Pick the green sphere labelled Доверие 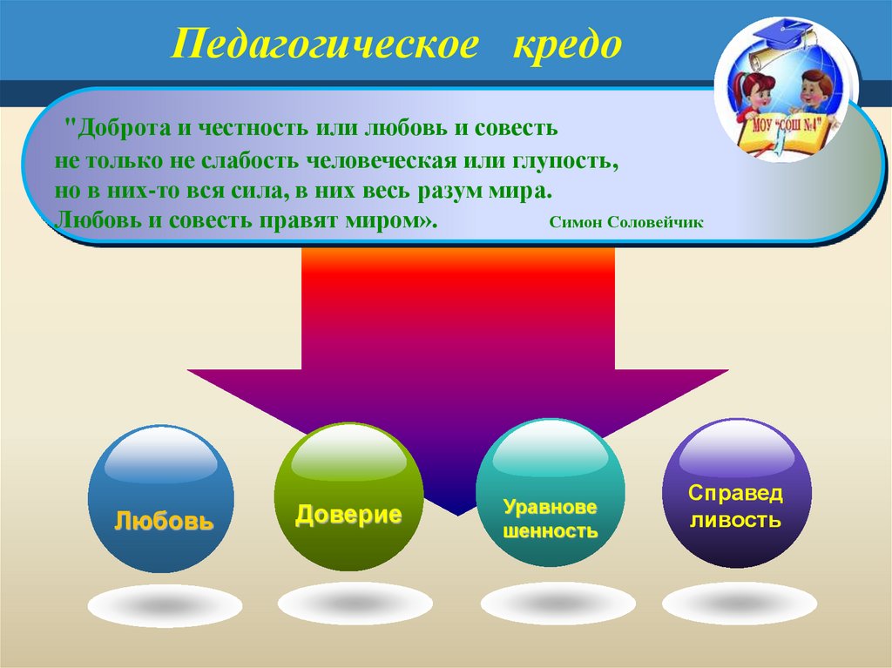tap(348, 497)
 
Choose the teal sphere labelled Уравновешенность tap(551, 494)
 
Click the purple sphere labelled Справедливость tap(736, 494)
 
